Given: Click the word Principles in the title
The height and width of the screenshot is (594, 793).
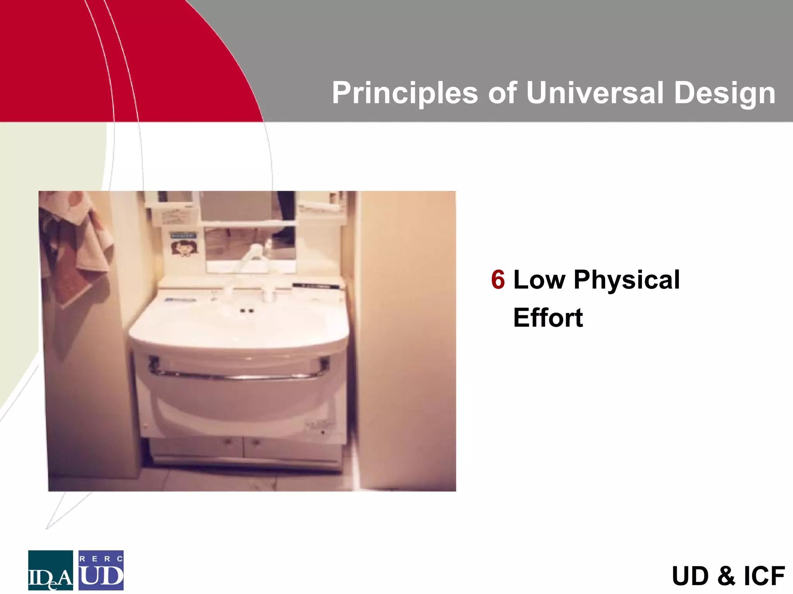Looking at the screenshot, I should coord(405,93).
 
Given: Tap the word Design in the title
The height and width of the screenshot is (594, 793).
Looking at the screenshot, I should coord(724,93).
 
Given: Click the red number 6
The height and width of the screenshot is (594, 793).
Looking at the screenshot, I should coord(498,280).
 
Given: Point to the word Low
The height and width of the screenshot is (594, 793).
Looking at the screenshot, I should coord(539,280).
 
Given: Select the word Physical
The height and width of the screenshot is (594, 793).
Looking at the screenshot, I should coord(627,280).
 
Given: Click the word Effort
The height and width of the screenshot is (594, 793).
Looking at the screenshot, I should coord(548,318).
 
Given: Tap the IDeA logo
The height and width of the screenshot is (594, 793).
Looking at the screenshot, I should coord(50,570).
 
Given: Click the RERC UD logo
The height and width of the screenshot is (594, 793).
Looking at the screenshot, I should coord(101,570).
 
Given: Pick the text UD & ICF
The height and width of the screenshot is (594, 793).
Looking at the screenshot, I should coord(728,576).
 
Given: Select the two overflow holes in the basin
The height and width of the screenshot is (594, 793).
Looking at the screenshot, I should coord(247,311).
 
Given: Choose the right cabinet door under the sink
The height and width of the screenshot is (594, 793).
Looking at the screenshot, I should coord(292,449).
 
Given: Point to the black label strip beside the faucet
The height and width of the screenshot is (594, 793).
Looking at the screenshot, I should coord(316,286).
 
